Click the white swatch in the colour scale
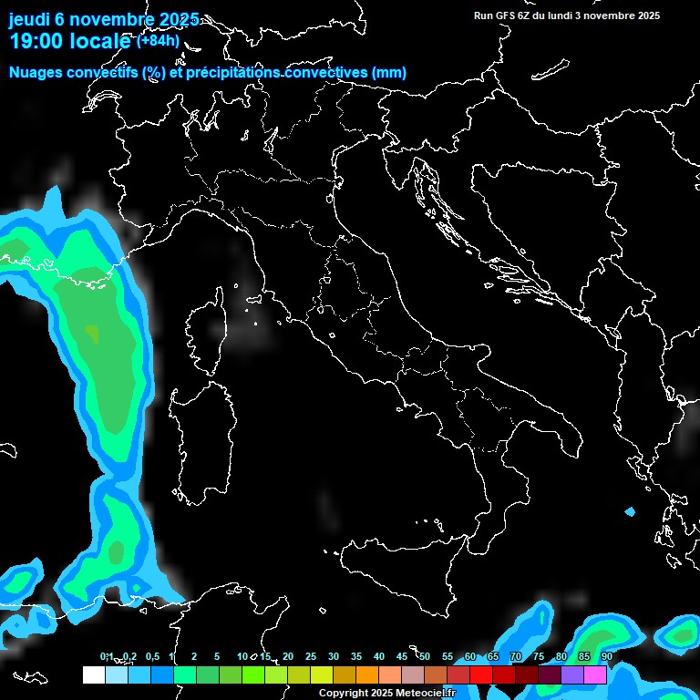coord(93,674)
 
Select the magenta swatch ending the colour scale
coord(595,674)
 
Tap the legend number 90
coord(606,657)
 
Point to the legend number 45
coord(402,657)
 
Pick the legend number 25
coord(311,657)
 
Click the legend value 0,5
coord(152,657)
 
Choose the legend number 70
coord(516,657)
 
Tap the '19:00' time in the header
coord(41,41)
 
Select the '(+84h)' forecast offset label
coord(158,40)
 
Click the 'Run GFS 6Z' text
coord(507,15)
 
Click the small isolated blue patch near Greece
coord(629,512)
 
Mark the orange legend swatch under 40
coord(367,674)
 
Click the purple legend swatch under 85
coord(572,674)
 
